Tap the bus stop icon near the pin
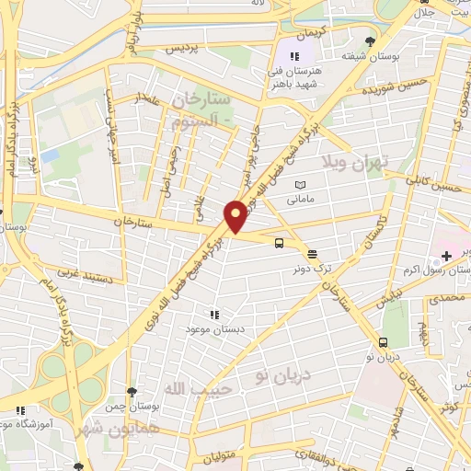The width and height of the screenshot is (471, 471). pos(278,242)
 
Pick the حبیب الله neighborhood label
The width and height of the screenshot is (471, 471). pos(193,389)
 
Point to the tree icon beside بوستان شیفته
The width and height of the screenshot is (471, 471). pos(370,41)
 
